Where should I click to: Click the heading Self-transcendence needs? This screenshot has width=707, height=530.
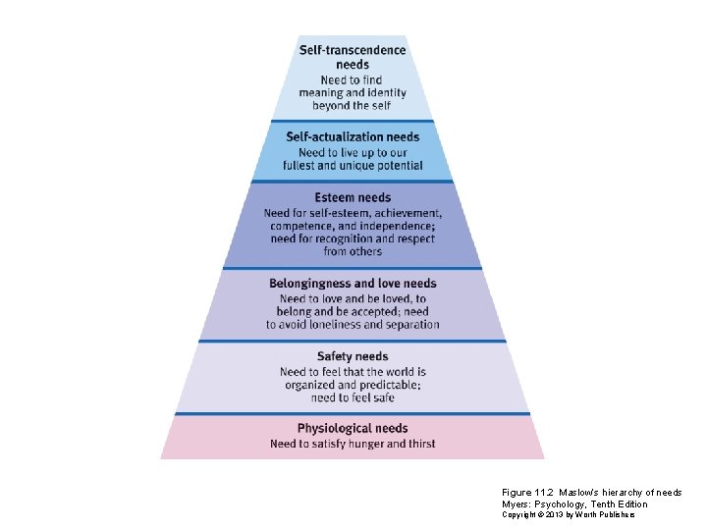click(x=353, y=57)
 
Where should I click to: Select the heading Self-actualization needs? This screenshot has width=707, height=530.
click(x=353, y=136)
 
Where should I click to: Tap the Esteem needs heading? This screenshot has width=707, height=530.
click(x=353, y=197)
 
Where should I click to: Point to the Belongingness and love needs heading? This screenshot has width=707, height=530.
click(x=353, y=284)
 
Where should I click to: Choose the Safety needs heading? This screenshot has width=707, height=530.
click(x=353, y=356)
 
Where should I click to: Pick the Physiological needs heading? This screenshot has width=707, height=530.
click(x=353, y=428)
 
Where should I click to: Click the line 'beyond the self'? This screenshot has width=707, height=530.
click(x=353, y=105)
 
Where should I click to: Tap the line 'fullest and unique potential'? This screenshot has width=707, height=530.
click(x=353, y=166)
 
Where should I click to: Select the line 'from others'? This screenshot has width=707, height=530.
click(x=353, y=251)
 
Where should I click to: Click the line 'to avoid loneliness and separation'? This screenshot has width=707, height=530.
click(x=353, y=325)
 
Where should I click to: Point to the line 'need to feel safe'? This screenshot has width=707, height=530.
click(x=353, y=397)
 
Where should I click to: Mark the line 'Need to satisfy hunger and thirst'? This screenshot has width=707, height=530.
click(x=353, y=444)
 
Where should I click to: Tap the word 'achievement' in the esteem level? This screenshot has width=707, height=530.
click(x=405, y=213)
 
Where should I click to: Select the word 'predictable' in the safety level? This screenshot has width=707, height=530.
click(x=384, y=385)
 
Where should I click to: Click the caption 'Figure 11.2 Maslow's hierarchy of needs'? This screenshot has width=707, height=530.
click(x=591, y=493)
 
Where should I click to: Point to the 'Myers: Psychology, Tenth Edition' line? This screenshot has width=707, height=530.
click(x=574, y=503)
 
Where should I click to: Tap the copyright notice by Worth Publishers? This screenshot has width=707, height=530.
click(x=569, y=514)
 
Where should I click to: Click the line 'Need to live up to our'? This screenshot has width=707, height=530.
click(x=353, y=152)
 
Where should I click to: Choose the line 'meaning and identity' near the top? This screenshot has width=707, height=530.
click(x=353, y=92)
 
